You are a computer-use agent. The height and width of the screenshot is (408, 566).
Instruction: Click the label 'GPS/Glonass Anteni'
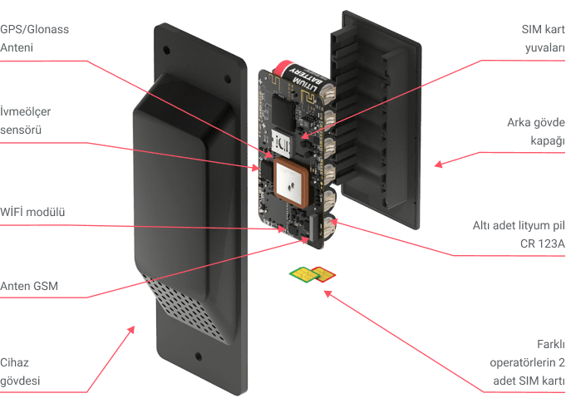pyautogui.click(x=34, y=38)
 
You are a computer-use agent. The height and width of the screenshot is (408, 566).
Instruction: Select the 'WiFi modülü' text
pyautogui.click(x=33, y=212)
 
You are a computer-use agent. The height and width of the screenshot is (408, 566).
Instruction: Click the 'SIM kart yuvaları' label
pyautogui.click(x=541, y=38)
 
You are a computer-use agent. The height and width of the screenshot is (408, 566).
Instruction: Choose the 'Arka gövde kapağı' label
pyautogui.click(x=536, y=131)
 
